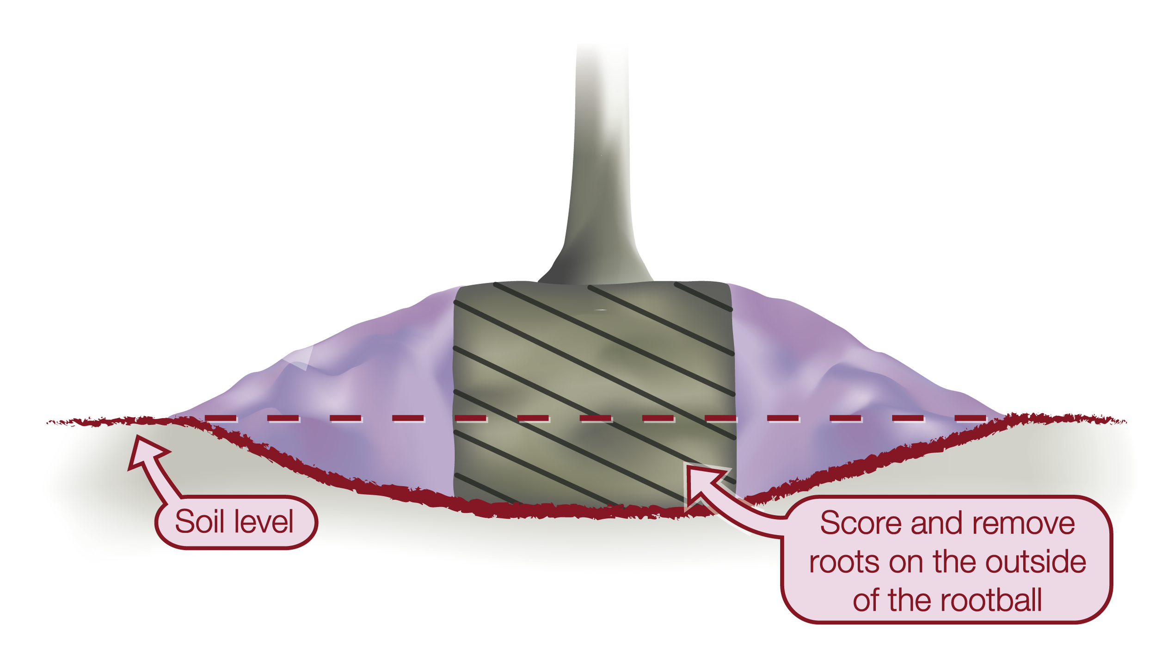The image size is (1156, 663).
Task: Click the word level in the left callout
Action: point(264,522)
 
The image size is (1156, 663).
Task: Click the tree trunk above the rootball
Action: point(601,162)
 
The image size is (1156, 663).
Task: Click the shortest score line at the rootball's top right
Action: point(703,296)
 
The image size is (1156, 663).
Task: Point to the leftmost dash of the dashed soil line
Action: point(221,418)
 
